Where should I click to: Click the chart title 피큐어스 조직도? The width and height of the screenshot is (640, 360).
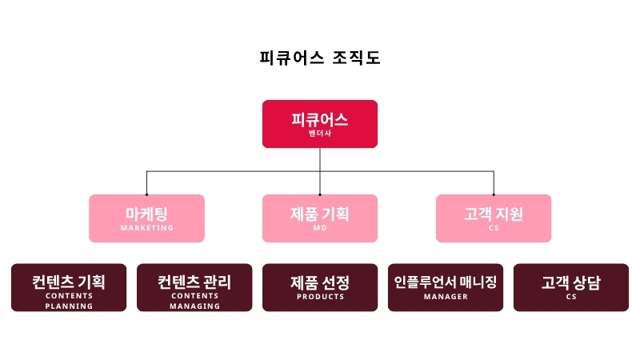tap(320, 58)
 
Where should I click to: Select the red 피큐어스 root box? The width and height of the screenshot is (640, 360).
tap(320, 124)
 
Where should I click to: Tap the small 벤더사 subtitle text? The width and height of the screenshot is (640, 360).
tap(320, 134)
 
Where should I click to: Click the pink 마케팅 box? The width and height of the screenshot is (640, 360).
tap(146, 218)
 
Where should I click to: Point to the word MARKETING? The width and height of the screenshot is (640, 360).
tap(147, 228)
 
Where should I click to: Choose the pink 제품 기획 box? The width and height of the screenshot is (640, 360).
tap(320, 218)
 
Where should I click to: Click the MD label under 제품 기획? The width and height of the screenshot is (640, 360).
tap(320, 228)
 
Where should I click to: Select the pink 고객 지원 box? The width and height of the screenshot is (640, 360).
tap(494, 218)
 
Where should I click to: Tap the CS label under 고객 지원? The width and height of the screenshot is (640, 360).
tap(494, 228)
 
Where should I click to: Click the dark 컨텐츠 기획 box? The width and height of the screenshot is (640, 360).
tap(69, 287)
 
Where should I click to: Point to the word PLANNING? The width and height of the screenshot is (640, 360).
tap(69, 306)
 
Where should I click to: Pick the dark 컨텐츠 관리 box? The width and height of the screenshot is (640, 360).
tap(194, 287)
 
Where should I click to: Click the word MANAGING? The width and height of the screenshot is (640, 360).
tap(194, 306)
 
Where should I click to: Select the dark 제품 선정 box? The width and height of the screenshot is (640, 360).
tap(320, 287)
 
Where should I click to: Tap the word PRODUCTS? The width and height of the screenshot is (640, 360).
tap(321, 297)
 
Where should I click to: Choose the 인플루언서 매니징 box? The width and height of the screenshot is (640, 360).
tap(446, 287)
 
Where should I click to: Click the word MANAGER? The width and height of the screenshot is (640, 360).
tap(446, 297)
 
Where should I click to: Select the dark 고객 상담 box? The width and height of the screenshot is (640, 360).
tap(571, 287)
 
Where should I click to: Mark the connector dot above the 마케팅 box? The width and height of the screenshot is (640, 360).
tap(146, 194)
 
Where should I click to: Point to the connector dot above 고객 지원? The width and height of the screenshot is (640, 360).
tap(494, 194)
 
